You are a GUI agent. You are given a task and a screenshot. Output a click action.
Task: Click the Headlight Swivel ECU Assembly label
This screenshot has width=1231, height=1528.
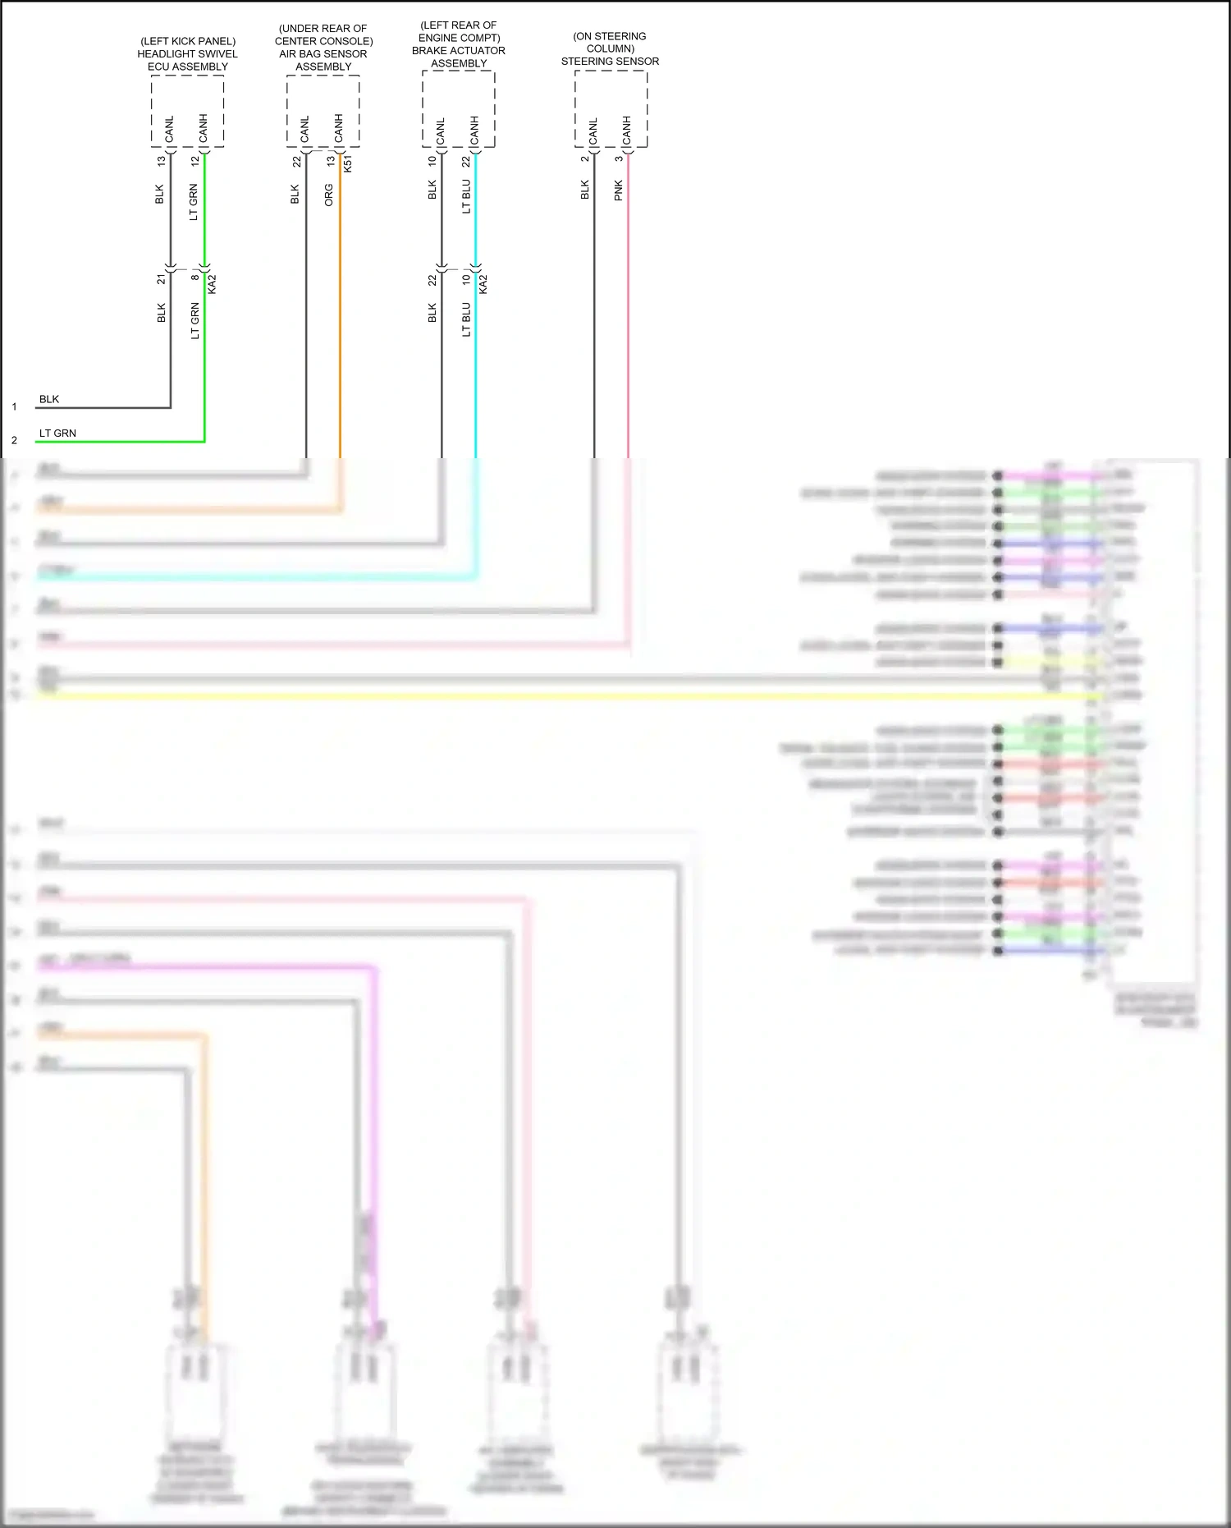187,54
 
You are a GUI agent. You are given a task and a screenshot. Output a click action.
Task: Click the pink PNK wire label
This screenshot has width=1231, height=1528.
619,190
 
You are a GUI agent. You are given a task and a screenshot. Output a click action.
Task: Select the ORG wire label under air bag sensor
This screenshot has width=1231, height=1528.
329,195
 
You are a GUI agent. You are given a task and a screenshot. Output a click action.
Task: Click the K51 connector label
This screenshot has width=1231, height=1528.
348,163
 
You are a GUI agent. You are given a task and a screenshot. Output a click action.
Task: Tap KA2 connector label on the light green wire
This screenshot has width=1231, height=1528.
213,284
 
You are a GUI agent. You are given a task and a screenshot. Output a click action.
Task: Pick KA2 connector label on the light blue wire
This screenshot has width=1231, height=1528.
483,284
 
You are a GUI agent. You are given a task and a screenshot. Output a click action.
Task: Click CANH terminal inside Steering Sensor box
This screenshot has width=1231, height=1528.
627,131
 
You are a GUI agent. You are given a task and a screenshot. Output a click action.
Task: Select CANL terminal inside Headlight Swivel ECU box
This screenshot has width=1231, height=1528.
170,130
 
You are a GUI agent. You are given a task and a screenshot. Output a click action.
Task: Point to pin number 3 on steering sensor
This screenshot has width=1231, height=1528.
619,159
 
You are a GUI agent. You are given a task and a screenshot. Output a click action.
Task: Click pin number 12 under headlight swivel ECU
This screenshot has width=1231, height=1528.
194,162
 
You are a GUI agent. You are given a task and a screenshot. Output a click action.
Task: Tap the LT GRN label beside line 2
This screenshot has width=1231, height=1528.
57,434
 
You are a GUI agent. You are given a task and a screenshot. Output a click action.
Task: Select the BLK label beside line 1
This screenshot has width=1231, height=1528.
49,400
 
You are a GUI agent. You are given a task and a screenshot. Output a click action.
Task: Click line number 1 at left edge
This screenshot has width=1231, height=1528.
14,406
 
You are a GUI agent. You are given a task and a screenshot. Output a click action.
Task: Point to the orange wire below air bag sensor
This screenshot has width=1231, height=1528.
340,328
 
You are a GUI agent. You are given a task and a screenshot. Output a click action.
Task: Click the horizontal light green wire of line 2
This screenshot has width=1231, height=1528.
123,442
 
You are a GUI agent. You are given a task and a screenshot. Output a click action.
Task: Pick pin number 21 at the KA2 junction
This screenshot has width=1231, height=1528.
161,280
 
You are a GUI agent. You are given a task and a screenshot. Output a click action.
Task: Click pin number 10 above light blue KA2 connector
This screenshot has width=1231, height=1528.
466,279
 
